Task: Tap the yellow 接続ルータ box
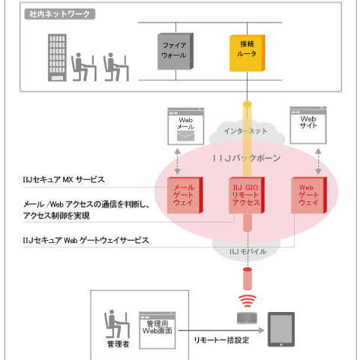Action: tap(244, 52)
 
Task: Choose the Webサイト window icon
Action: tap(308, 124)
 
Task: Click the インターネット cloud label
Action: tap(244, 132)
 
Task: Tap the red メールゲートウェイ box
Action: tap(184, 196)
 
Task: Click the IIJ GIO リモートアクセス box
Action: tap(244, 196)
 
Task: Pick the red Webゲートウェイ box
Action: tap(308, 196)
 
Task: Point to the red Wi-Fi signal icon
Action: tap(245, 302)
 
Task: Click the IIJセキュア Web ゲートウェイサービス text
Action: tap(85, 240)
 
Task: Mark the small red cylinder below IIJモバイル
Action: tap(244, 279)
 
